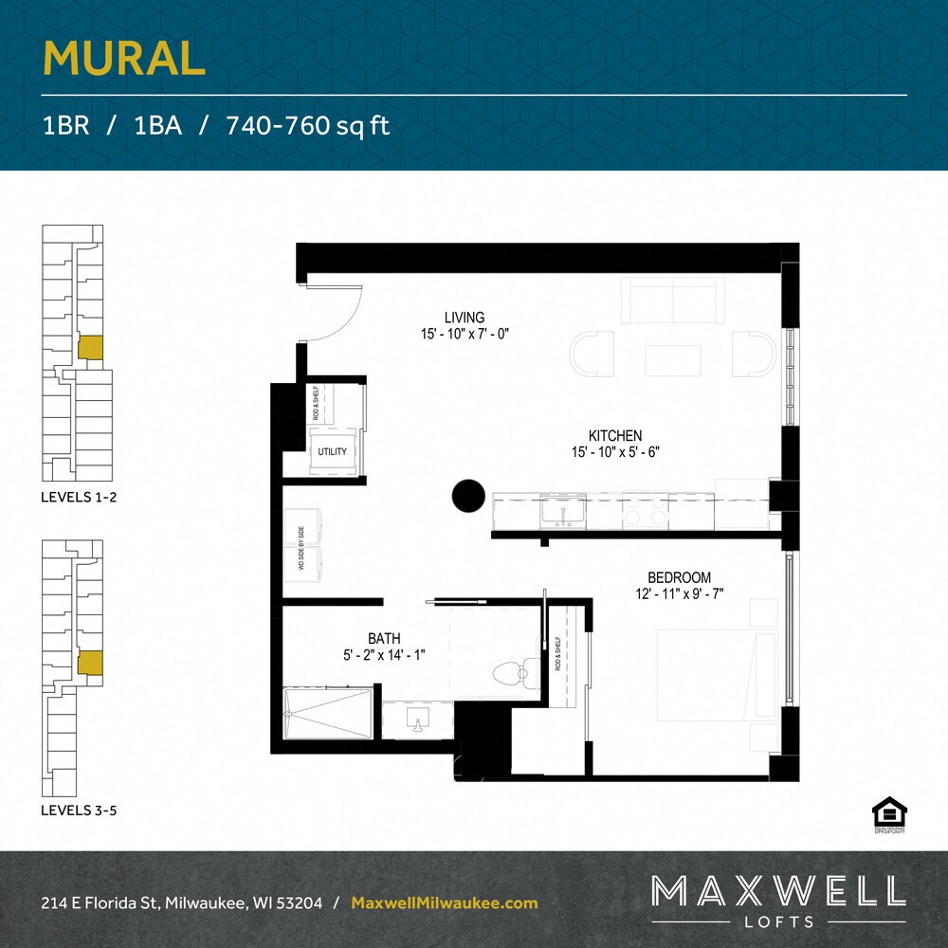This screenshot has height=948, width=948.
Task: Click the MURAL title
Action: tap(124, 59)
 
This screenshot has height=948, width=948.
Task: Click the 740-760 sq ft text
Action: tap(308, 126)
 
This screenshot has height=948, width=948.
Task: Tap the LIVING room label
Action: tap(465, 318)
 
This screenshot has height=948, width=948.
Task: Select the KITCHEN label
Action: tap(615, 435)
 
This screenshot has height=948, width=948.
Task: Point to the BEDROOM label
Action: tap(679, 577)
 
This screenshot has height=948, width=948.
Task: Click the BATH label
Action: tap(385, 638)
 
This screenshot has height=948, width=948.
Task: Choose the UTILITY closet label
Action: tap(333, 452)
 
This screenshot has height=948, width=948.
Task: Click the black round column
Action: tap(468, 495)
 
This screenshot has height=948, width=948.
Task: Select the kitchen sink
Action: tap(562, 512)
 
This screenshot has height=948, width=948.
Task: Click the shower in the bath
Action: tap(329, 714)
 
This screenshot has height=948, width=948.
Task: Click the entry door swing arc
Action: tap(341, 313)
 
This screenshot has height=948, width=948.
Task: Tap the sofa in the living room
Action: tap(673, 301)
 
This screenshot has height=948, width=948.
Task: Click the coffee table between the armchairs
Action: tap(673, 360)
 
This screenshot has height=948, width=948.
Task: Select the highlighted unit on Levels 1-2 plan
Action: tap(89, 347)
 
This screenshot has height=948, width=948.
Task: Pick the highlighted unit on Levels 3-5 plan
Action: tap(89, 662)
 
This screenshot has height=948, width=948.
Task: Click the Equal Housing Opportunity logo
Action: tap(889, 814)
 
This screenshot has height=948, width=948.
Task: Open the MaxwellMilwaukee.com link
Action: tap(445, 903)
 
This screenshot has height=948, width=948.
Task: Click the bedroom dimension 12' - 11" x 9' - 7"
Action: tap(679, 594)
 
